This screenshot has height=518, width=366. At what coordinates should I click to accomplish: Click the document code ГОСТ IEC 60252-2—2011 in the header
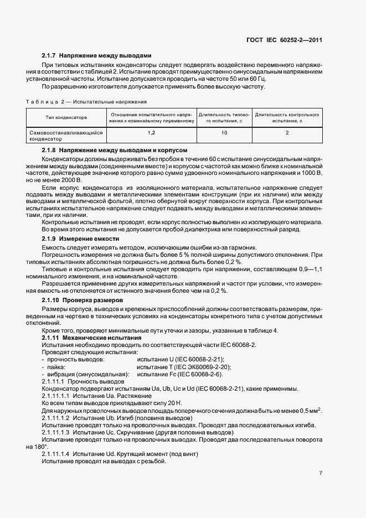pyautogui.click(x=284, y=40)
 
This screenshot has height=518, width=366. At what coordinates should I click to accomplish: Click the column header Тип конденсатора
pyautogui.click(x=66, y=117)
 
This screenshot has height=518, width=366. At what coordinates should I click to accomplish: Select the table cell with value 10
pyautogui.click(x=224, y=133)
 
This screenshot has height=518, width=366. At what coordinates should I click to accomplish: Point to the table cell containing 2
pyautogui.click(x=286, y=133)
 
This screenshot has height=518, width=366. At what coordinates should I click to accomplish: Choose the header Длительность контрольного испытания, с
pyautogui.click(x=286, y=117)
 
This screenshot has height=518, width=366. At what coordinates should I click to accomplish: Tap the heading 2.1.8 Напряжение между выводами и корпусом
pyautogui.click(x=115, y=151)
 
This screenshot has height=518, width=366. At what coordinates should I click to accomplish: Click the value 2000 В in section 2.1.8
pyautogui.click(x=70, y=180)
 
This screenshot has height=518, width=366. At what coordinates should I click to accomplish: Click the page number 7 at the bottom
pyautogui.click(x=321, y=473)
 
